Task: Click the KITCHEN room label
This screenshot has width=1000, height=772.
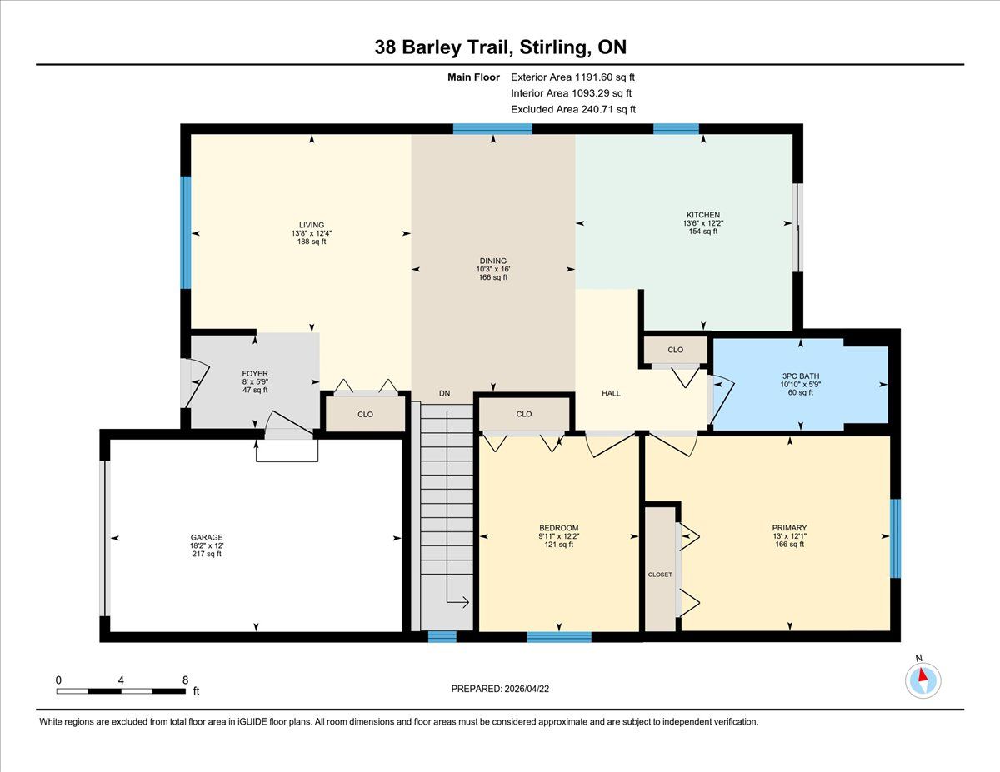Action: (x=703, y=215)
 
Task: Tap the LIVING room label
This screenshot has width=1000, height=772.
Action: (x=312, y=225)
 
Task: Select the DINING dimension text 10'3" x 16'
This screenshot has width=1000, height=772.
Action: (x=492, y=269)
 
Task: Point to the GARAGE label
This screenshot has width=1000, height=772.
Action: (x=207, y=537)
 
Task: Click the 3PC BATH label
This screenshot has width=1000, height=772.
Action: (x=800, y=376)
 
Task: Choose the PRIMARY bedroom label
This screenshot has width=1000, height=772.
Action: (x=790, y=528)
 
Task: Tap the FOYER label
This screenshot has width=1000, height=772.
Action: (x=255, y=374)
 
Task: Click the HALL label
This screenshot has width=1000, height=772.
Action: (x=611, y=393)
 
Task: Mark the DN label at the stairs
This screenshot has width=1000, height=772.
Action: (x=444, y=393)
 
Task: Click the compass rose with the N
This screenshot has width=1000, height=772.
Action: (x=922, y=680)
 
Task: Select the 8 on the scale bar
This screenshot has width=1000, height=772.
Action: (x=186, y=680)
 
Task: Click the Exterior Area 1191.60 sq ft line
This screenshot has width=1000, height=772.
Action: (x=573, y=77)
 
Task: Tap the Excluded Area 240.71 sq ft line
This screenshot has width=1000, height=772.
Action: (x=573, y=109)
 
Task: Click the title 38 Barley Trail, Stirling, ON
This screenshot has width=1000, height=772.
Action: (x=500, y=47)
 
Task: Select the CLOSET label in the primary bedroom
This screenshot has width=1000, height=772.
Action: (x=660, y=575)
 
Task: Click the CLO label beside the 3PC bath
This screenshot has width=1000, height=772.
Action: (x=676, y=350)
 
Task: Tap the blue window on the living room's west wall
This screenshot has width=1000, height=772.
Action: (x=185, y=232)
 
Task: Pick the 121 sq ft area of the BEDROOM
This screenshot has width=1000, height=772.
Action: (x=558, y=545)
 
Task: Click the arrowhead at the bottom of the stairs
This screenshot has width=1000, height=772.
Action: (x=466, y=602)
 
